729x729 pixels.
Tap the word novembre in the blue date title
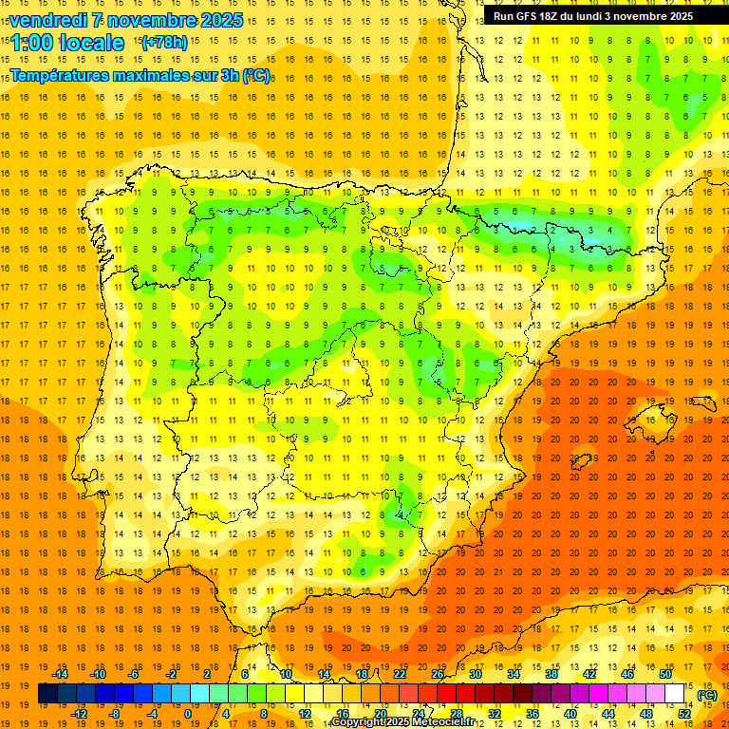(152, 20)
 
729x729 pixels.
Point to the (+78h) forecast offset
(163, 43)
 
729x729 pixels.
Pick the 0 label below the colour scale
(188, 714)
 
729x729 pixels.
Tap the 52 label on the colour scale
(683, 714)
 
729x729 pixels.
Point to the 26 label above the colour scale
(438, 674)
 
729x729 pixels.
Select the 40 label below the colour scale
(570, 714)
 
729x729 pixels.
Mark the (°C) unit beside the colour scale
(707, 695)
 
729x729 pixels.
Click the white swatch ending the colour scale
(674, 694)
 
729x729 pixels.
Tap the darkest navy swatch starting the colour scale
(47, 694)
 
